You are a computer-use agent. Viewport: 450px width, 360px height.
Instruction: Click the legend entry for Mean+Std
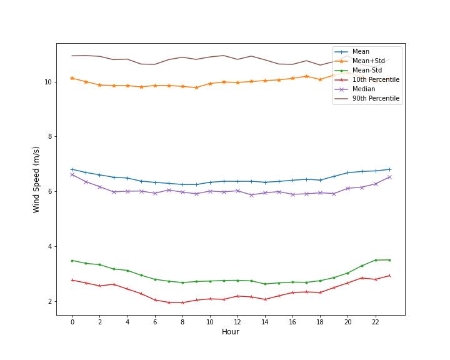pyautogui.click(x=369, y=61)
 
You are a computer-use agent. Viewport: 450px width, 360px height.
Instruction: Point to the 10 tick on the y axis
pyautogui.click(x=48, y=82)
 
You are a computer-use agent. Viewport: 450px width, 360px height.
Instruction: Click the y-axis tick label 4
pyautogui.click(x=50, y=247)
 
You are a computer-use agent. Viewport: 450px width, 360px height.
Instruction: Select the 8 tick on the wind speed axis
pyautogui.click(x=50, y=137)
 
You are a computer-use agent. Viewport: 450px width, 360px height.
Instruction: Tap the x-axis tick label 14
pyautogui.click(x=265, y=322)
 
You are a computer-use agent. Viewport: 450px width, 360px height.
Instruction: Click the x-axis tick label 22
pyautogui.click(x=375, y=322)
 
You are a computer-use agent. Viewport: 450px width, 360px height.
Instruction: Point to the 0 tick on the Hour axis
pyautogui.click(x=72, y=322)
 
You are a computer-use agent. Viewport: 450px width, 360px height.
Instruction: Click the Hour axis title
pyautogui.click(x=231, y=332)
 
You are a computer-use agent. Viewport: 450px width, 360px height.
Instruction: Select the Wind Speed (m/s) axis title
pyautogui.click(x=36, y=180)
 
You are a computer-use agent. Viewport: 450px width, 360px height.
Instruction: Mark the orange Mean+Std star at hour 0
pyautogui.click(x=72, y=78)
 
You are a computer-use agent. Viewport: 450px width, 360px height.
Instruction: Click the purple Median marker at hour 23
pyautogui.click(x=389, y=177)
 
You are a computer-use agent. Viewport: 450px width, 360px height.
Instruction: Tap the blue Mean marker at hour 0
pyautogui.click(x=72, y=169)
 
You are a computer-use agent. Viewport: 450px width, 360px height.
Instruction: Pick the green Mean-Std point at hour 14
pyautogui.click(x=265, y=284)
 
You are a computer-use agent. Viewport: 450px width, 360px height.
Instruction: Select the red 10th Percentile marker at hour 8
pyautogui.click(x=182, y=302)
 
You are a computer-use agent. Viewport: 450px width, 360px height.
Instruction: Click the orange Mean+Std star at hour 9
pyautogui.click(x=197, y=87)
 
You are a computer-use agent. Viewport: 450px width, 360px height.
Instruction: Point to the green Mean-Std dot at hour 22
pyautogui.click(x=376, y=260)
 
